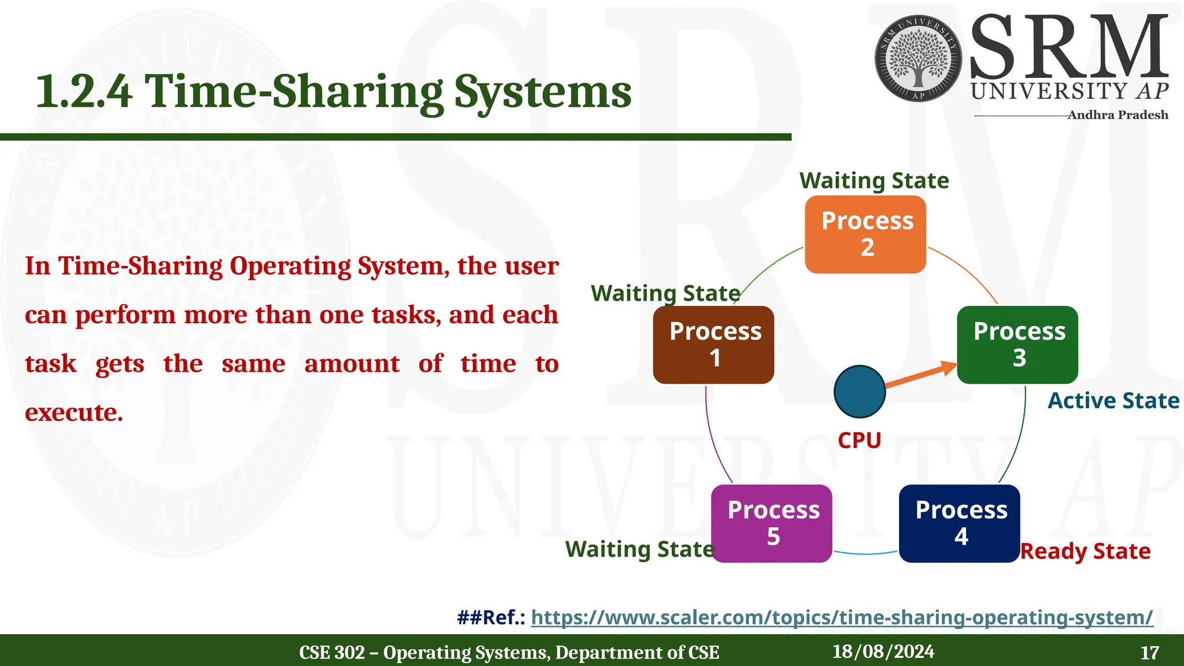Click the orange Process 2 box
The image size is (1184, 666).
[865, 234]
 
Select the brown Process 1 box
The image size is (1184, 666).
[713, 345]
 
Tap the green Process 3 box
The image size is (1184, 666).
[1017, 345]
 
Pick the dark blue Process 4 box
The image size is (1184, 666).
[960, 523]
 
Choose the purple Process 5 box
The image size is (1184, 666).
[772, 523]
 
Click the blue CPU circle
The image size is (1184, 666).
[860, 391]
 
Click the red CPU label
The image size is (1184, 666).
[860, 441]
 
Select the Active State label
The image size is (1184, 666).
[1113, 401]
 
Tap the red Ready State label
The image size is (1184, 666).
[1085, 551]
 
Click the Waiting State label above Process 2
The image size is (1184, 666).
[874, 181]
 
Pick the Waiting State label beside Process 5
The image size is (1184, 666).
[639, 549]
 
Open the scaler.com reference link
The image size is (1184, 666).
[842, 617]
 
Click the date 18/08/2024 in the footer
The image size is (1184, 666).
[883, 652]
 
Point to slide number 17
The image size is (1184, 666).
[1149, 653]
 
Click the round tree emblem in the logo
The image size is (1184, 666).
[918, 59]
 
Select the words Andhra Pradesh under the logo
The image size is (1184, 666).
[1118, 115]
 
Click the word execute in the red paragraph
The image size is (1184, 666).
[74, 413]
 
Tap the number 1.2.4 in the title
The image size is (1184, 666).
[84, 91]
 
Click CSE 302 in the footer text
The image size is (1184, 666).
[331, 653]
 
